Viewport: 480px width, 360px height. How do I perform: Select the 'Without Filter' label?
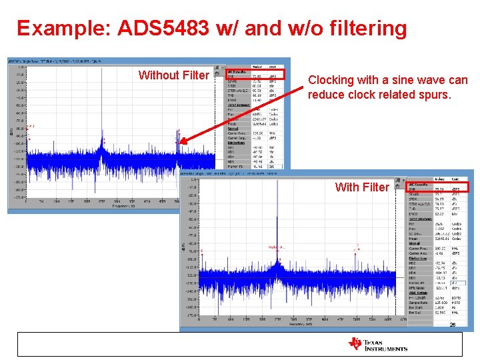(173, 75)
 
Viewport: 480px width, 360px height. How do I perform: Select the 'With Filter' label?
(361, 187)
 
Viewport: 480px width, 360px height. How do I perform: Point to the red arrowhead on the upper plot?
(183, 141)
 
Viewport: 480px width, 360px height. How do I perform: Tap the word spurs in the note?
(433, 95)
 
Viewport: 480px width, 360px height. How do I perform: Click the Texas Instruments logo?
(377, 344)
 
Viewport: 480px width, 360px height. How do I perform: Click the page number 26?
(452, 325)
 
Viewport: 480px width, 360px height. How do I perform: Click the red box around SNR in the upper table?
(255, 74)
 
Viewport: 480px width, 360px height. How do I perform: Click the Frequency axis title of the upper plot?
(120, 207)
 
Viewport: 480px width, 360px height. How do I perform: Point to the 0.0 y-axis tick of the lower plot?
(193, 179)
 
